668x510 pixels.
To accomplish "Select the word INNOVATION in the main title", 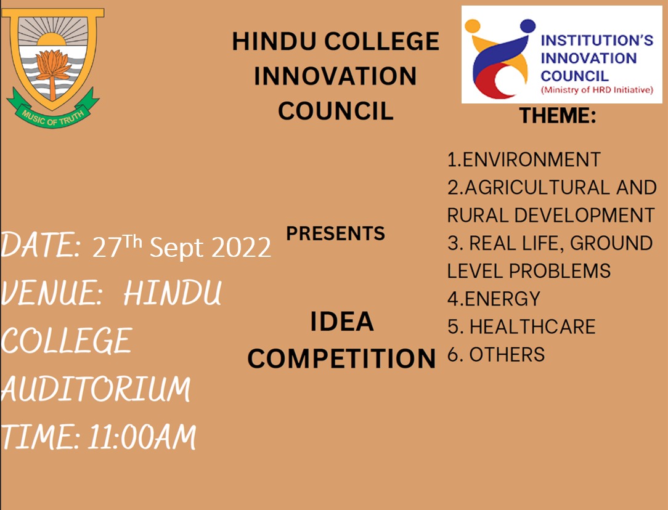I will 335,76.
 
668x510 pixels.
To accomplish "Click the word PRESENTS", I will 335,233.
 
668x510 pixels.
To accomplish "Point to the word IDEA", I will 341,322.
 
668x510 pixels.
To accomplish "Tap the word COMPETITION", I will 341,358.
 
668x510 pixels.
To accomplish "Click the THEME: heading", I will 557,115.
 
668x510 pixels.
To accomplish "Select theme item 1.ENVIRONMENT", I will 523,160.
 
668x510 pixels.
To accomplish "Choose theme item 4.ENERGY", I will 493,299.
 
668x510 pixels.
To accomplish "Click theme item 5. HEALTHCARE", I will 521,326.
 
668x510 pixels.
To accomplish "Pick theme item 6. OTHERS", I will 496,355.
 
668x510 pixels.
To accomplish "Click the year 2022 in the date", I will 242,248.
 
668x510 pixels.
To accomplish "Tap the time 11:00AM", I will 142,438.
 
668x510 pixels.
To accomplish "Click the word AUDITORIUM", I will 96,389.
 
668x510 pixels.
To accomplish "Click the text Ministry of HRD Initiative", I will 596,90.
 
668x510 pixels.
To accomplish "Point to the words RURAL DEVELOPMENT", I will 550,215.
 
